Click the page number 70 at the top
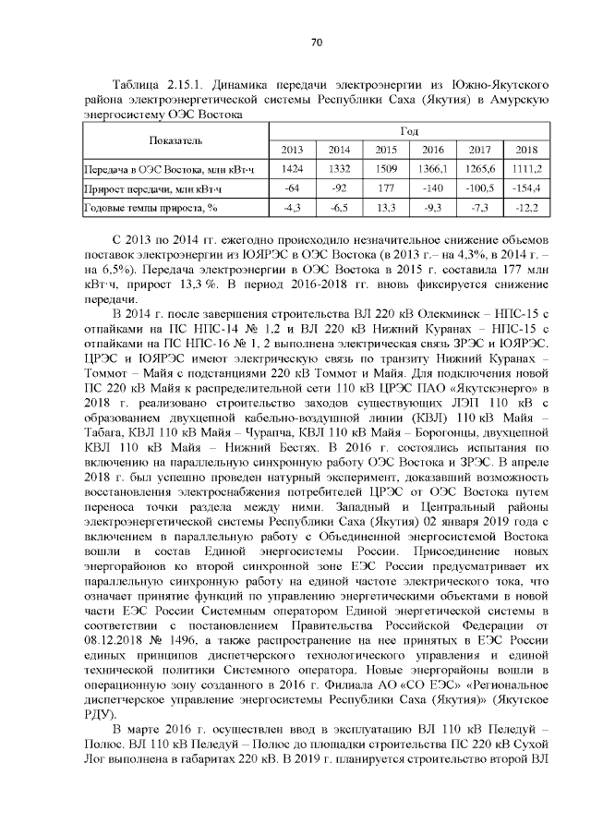tap(315, 42)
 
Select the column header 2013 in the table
tap(292, 150)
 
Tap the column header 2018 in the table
tap(527, 150)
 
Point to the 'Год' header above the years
tap(409, 131)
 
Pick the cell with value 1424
tap(292, 169)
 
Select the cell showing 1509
tap(386, 169)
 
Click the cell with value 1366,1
tap(433, 169)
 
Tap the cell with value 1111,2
tap(527, 169)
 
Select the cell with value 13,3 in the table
tap(386, 208)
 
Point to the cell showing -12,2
tap(527, 208)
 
